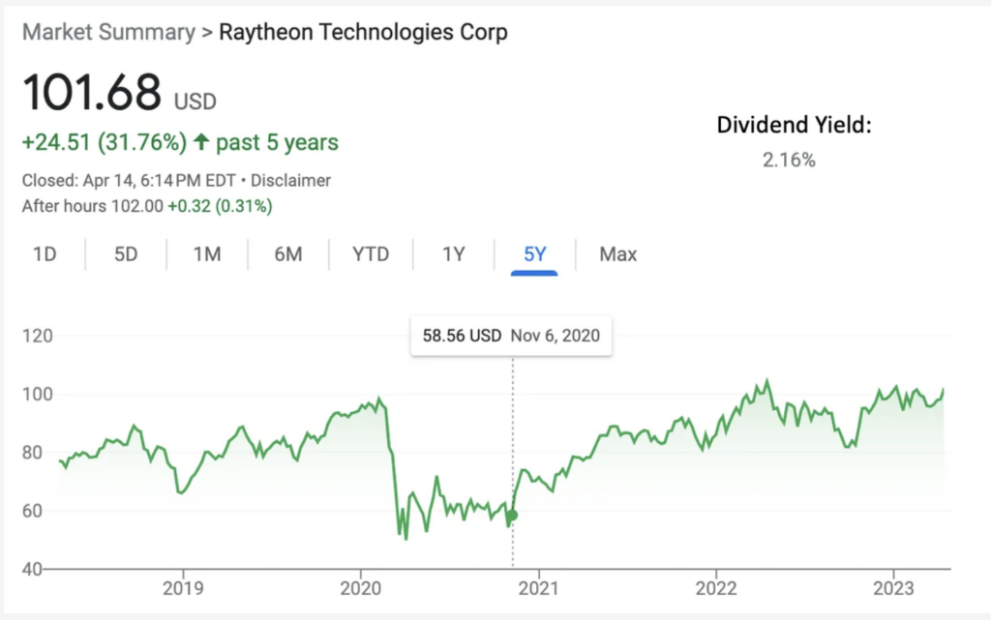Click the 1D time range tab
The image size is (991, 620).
[45, 254]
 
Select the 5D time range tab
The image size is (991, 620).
[126, 254]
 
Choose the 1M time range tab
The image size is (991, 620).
[207, 254]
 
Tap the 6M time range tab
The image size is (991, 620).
[288, 254]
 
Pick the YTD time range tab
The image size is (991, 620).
[371, 254]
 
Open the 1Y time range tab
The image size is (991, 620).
[454, 254]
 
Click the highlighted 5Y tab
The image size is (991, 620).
[535, 254]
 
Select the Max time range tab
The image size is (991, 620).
[617, 254]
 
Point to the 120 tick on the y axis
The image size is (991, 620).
[38, 337]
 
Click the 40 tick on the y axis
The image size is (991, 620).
[33, 569]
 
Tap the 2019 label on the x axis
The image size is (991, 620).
[182, 586]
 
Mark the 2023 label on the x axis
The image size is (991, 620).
[894, 586]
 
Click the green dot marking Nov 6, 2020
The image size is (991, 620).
[513, 515]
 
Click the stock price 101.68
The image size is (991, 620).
[92, 93]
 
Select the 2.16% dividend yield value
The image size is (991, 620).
[789, 161]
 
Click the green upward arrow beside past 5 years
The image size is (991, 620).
[201, 143]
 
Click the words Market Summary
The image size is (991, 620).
[108, 32]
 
